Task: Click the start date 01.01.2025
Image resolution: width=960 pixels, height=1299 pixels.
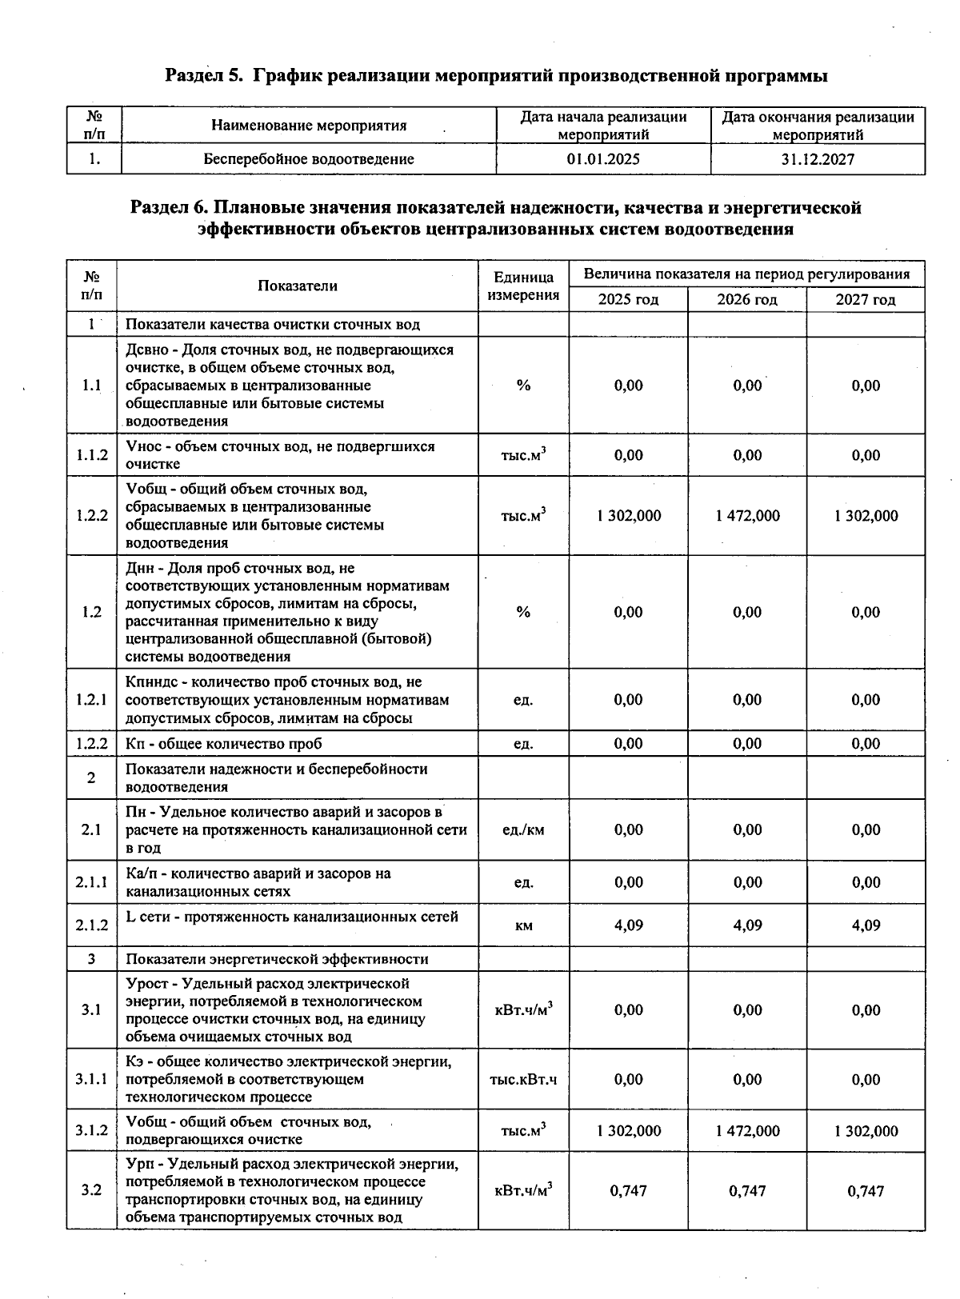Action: click(x=603, y=159)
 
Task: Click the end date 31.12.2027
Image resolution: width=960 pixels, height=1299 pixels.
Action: click(x=818, y=159)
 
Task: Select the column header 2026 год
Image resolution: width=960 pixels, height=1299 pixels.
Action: click(x=747, y=300)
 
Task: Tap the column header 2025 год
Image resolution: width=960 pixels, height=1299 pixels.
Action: click(x=629, y=300)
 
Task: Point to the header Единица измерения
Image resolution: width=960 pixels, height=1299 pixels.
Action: click(x=523, y=286)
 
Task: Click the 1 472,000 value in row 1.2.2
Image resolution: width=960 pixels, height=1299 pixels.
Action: click(x=747, y=516)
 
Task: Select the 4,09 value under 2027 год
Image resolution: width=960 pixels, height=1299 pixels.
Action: click(x=866, y=925)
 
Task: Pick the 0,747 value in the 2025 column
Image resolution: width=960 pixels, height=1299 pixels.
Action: click(x=629, y=1191)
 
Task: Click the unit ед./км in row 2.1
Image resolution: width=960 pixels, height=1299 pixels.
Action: click(x=523, y=830)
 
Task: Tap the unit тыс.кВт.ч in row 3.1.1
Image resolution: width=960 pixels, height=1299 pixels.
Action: click(x=523, y=1080)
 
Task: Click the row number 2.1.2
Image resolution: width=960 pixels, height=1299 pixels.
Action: click(x=92, y=925)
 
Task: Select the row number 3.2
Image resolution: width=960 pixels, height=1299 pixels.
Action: click(x=92, y=1191)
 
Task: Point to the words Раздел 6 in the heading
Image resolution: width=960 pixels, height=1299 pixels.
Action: click(x=168, y=209)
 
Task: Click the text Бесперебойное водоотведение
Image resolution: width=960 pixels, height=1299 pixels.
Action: click(x=309, y=159)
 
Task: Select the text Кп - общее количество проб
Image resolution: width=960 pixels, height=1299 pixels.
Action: click(x=224, y=744)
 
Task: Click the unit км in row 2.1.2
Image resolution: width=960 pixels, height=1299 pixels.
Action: click(x=523, y=926)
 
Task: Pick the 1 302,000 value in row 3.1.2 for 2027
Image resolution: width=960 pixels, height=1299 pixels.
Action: click(x=866, y=1131)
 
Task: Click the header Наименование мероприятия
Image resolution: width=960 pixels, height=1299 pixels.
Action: click(x=309, y=126)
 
